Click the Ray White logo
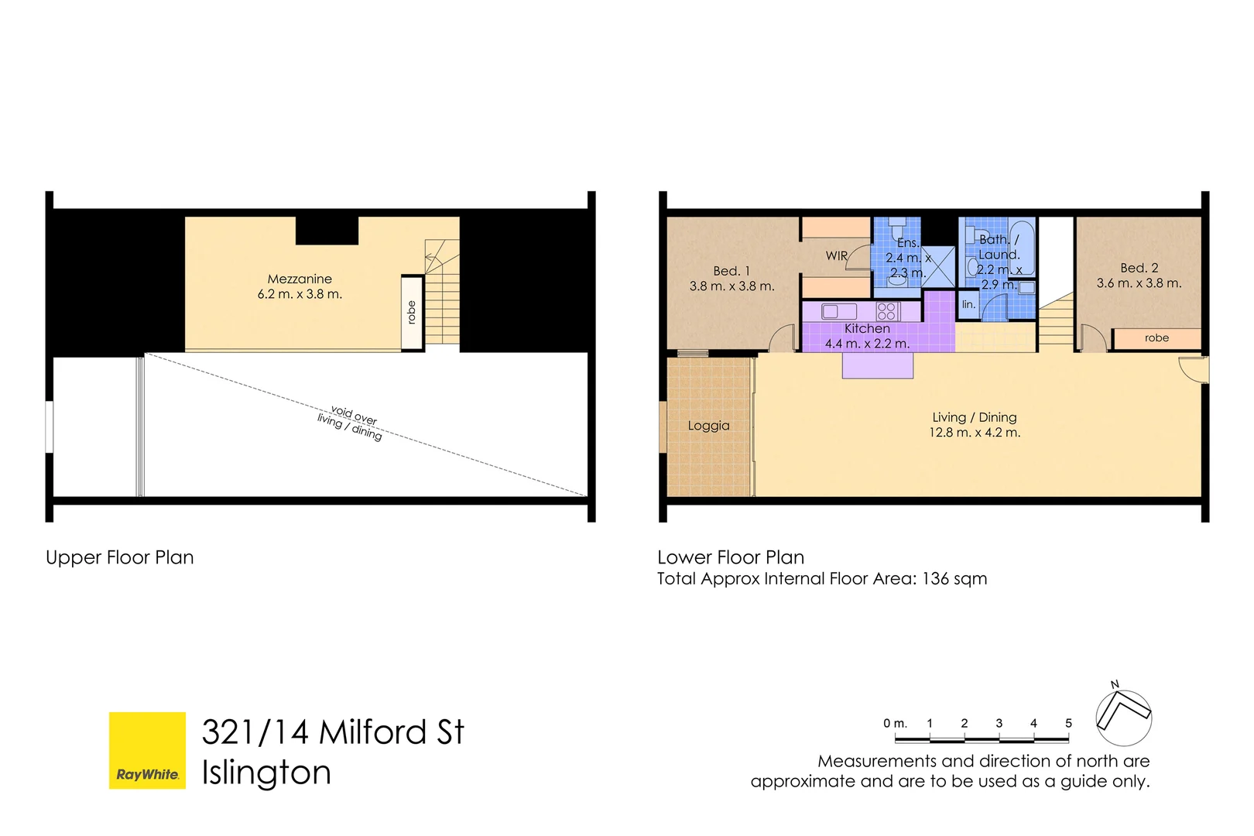tap(147, 750)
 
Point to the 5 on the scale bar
tap(1068, 724)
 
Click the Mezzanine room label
tap(300, 279)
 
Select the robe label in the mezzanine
tap(412, 312)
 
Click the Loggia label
tap(708, 426)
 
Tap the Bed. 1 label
tap(731, 271)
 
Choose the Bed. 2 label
tap(1139, 268)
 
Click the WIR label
tap(837, 255)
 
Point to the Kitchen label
tap(867, 329)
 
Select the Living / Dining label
tap(975, 417)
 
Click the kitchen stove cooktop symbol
tap(886, 311)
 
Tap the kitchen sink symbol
tap(839, 311)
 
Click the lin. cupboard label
tap(968, 304)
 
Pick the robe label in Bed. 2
tap(1156, 338)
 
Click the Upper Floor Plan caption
tap(120, 557)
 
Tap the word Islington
tap(266, 773)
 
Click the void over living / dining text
tap(351, 422)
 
